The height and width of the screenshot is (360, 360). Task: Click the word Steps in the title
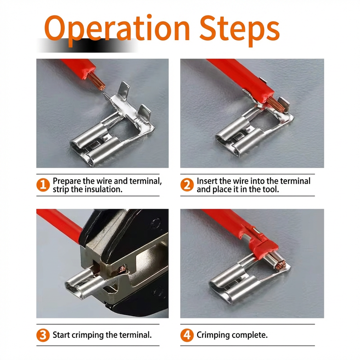click(x=240, y=30)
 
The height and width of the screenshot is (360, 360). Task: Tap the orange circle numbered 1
click(x=43, y=185)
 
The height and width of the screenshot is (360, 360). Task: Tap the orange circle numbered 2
click(x=187, y=185)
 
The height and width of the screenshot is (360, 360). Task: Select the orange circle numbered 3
click(x=43, y=335)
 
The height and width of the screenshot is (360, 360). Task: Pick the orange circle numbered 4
click(x=187, y=335)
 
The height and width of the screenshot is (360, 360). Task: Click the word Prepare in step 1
click(x=67, y=181)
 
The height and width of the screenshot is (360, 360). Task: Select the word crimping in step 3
click(x=87, y=335)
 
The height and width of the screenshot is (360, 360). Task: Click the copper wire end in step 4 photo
click(x=280, y=265)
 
